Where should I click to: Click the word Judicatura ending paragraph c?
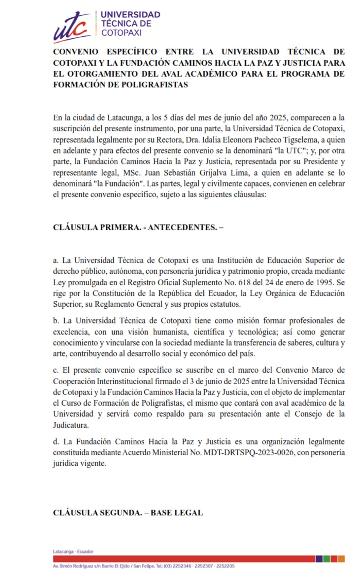pos(70,425)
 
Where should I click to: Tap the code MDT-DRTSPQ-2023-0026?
pos(249,453)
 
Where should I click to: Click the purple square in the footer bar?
pos(319,559)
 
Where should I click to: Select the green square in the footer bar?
pos(327,559)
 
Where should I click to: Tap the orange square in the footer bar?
pos(341,559)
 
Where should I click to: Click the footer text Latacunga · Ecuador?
pos(73,551)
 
